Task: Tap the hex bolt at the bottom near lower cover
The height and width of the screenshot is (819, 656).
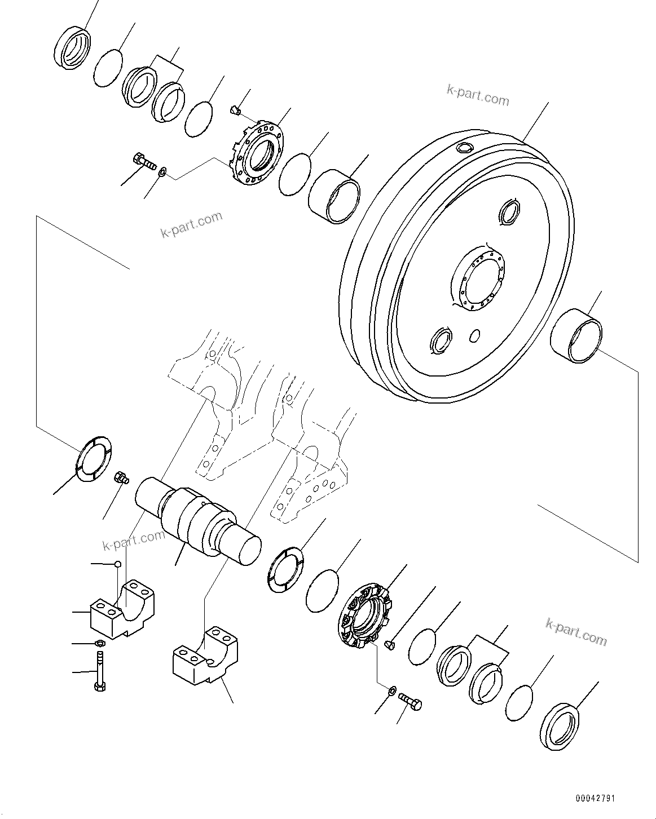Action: (410, 702)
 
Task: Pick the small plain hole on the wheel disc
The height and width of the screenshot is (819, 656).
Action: (475, 335)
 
